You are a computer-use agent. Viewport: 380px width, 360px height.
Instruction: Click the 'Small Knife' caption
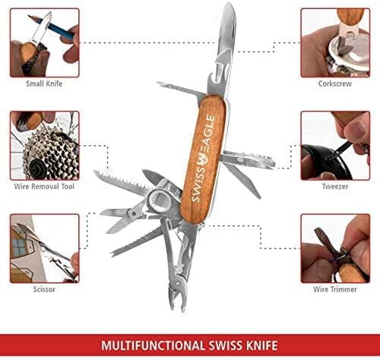coord(44,84)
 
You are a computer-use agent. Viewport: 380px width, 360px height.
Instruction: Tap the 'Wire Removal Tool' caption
coord(44,185)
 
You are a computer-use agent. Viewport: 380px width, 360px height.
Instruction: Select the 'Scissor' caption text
coord(44,289)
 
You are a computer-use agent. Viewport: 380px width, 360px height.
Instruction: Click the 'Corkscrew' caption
coord(334,84)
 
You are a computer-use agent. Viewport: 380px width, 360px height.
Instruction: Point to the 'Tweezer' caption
coord(334,185)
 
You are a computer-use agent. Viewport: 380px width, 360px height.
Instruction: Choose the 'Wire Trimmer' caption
coord(334,289)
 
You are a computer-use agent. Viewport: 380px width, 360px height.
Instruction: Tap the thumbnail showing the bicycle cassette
coord(44,145)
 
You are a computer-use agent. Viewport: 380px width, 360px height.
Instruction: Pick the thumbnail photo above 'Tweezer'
coord(334,145)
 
